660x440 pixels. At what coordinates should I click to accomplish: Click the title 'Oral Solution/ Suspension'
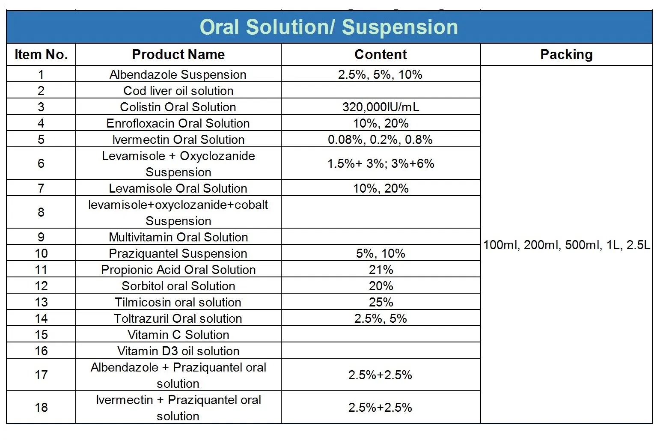329,27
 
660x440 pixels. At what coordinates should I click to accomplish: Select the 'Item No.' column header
41,54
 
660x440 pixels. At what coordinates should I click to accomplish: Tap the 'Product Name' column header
178,54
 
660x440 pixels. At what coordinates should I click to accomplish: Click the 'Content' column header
381,54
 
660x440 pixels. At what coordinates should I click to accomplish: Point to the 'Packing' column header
566,54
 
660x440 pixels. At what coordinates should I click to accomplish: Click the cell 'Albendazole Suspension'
178,74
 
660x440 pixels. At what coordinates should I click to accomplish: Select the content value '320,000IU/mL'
381,107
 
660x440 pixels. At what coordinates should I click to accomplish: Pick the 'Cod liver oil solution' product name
178,91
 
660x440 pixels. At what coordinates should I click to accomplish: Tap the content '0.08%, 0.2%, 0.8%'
381,140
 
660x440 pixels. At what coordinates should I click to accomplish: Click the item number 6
41,164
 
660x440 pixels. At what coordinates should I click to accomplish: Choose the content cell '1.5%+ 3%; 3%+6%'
381,164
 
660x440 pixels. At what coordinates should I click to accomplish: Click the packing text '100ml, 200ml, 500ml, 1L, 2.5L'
566,245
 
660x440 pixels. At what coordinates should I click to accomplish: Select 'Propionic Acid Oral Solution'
178,270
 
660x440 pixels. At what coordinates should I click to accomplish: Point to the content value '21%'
381,270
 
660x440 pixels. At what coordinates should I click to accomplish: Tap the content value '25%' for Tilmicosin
381,302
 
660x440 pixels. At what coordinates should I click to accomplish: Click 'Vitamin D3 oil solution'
178,351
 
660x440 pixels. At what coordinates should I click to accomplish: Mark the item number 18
41,407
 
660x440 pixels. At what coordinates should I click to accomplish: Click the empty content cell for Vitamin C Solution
381,335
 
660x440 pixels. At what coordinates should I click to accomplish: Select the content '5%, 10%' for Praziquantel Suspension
381,253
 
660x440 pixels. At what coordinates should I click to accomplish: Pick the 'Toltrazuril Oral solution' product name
178,318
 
